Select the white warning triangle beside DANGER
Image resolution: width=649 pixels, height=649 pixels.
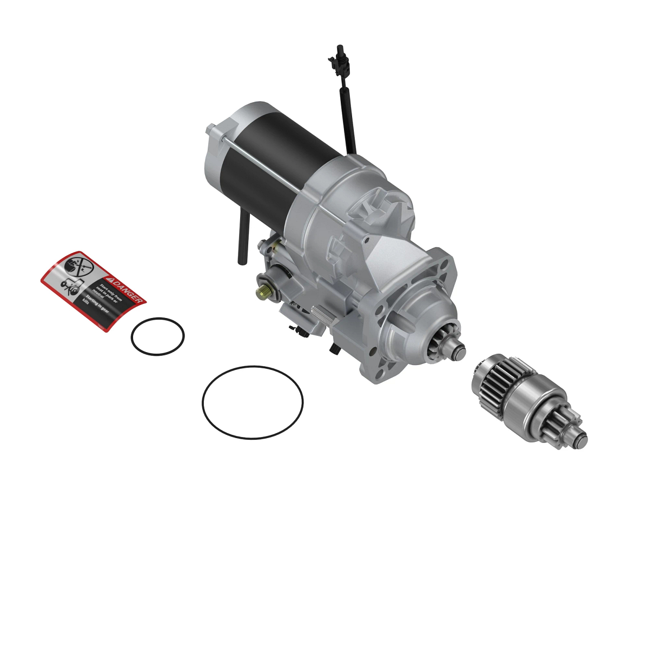pos(110,280)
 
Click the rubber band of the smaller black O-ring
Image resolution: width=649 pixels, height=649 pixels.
pos(131,336)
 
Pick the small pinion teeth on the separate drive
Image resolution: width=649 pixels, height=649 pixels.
pos(568,425)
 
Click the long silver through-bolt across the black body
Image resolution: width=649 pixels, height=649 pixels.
pos(260,160)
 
